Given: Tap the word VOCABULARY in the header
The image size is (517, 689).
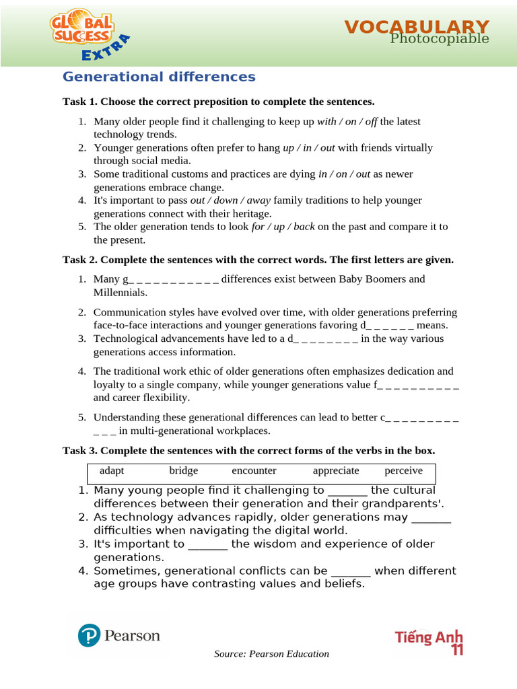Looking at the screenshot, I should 417,27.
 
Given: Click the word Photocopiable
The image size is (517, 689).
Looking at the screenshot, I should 440,39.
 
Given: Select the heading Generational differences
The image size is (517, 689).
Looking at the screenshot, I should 159,77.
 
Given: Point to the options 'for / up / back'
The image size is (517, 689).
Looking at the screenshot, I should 283,226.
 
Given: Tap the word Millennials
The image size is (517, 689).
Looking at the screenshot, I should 120,292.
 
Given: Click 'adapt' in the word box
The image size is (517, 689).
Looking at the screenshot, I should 112,470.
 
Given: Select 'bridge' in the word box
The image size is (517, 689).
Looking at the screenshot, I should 183,470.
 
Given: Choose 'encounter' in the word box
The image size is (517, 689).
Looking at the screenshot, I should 254,470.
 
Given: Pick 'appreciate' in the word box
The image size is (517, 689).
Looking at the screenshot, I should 336,470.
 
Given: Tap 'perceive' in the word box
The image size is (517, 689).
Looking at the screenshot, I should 404,470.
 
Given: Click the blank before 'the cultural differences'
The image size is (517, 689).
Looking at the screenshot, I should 347,491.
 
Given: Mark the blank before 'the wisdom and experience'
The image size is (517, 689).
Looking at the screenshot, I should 208,544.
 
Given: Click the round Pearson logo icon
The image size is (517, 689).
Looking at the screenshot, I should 89,636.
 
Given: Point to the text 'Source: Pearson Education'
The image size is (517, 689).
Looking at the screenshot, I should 271,654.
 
